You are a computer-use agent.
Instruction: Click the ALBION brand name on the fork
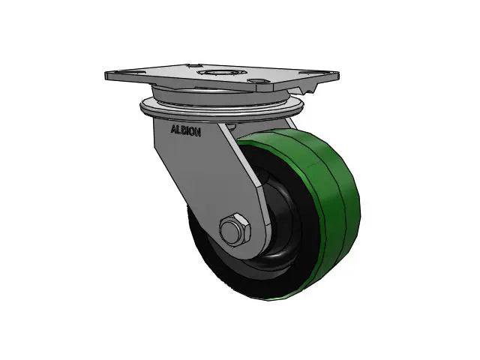pyautogui.click(x=185, y=128)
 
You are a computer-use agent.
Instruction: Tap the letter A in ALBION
pyautogui.click(x=174, y=128)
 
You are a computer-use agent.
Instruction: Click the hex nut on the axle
pyautogui.click(x=233, y=229)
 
